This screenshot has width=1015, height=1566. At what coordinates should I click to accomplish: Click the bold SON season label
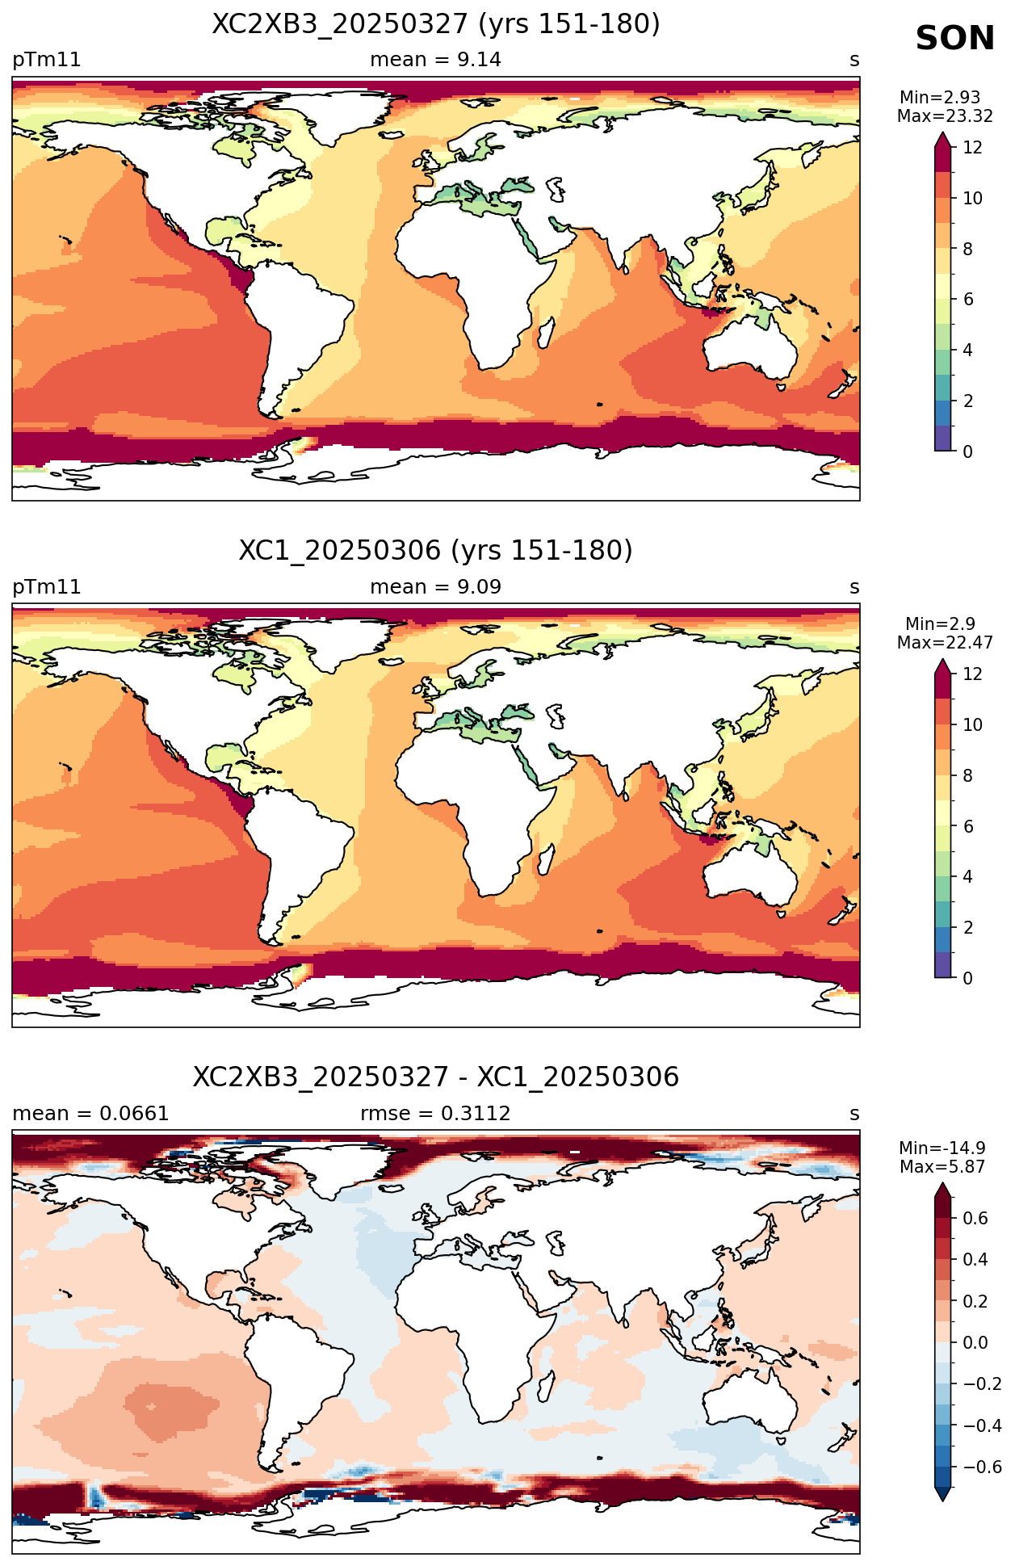coord(954,39)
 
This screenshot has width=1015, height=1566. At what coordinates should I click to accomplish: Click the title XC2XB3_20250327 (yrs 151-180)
coord(436,24)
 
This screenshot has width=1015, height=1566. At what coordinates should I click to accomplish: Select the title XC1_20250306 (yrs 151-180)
coord(436,551)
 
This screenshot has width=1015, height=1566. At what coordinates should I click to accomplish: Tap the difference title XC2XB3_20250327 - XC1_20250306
coord(436,1077)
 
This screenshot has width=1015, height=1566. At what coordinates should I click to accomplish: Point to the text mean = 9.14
coord(435,60)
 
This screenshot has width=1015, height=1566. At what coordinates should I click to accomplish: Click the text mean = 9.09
coord(435,587)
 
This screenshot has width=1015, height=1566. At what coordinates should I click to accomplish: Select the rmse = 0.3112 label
coord(435,1114)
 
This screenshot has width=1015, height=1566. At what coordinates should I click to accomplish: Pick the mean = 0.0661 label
coord(90,1114)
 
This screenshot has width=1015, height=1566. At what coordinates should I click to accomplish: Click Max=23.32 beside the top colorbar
coord(945,116)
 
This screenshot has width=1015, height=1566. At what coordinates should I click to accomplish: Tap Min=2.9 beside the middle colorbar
coord(940,624)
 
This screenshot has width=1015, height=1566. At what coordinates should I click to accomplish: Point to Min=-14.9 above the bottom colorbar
coord(942,1148)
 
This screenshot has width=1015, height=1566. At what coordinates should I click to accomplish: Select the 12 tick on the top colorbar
coord(972,148)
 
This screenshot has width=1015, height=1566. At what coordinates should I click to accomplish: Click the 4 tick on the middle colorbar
coord(968,877)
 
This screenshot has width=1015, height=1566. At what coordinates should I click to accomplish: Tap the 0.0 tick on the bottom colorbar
coord(975,1343)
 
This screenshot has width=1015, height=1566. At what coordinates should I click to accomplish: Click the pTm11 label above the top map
coord(47,61)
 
